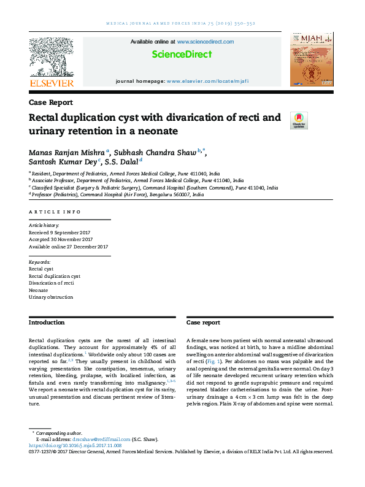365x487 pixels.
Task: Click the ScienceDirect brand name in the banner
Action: point(182,55)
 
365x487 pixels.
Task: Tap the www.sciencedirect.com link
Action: point(206,42)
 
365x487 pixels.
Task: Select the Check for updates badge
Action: point(299,120)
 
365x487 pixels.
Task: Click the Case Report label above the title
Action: point(51,102)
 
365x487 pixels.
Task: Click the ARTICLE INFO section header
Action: point(55,212)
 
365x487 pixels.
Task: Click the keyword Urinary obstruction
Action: point(51,297)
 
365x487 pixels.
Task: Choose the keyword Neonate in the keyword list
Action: point(39,290)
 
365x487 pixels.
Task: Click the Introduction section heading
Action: point(47,323)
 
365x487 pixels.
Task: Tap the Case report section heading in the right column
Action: point(203,323)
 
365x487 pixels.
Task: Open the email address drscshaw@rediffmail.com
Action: point(101,439)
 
